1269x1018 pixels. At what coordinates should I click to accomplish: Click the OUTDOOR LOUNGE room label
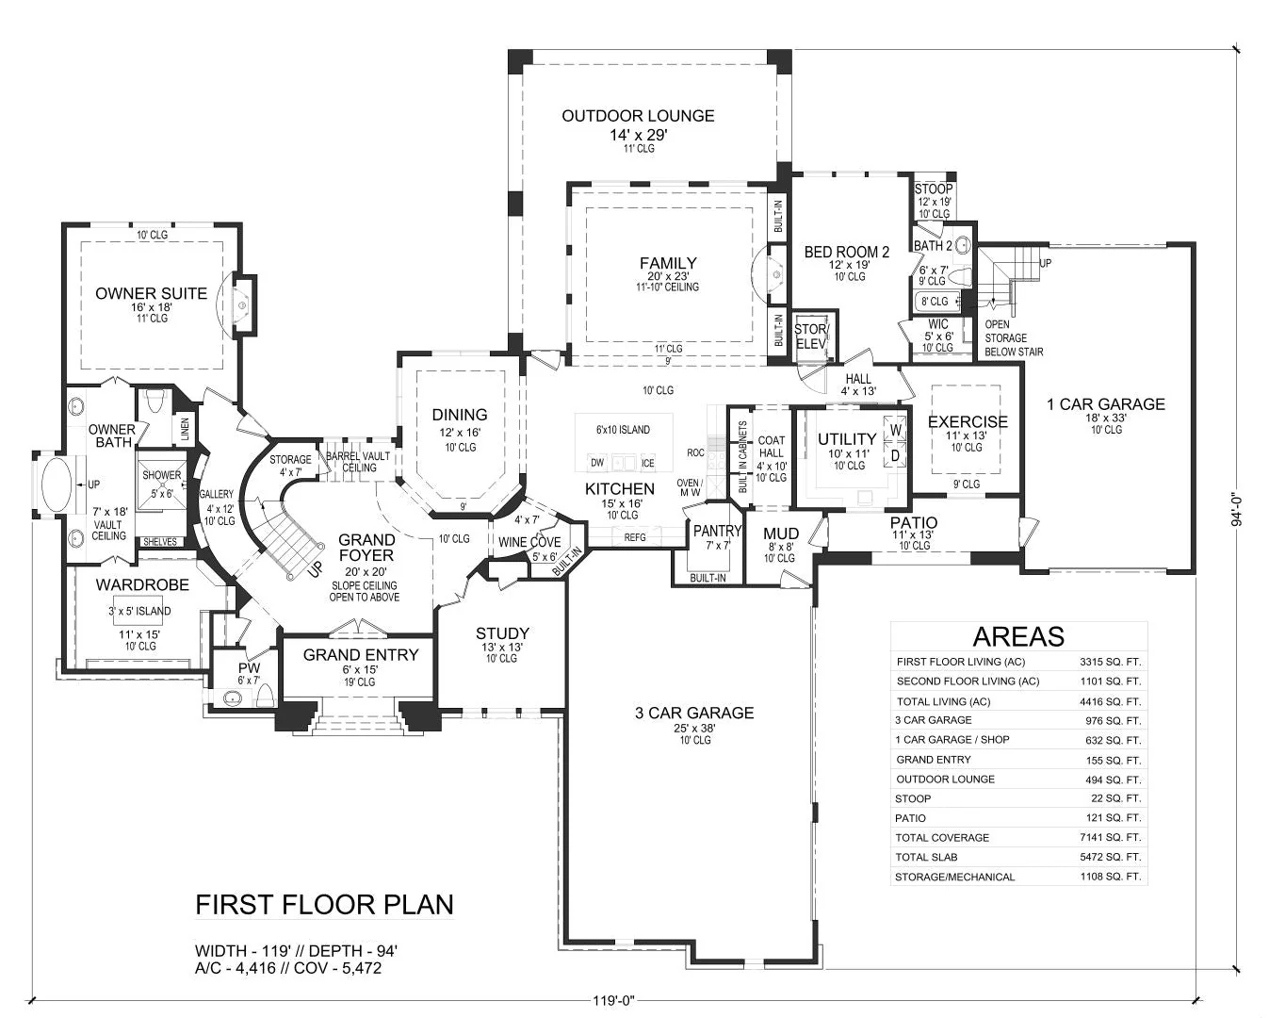[638, 116]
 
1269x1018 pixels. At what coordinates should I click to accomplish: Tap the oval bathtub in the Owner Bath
[57, 484]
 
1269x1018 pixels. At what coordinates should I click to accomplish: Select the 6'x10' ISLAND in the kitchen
[624, 442]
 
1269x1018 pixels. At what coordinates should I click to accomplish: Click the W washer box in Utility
[895, 430]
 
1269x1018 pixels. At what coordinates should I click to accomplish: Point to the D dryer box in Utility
[895, 456]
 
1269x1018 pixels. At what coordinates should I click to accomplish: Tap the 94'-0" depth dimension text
[1237, 510]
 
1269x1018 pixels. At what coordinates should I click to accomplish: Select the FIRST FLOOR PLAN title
[324, 905]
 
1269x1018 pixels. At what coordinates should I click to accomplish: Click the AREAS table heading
[1018, 636]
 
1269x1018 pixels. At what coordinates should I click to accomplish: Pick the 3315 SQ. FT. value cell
[1111, 662]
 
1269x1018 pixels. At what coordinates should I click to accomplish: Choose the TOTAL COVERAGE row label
[942, 837]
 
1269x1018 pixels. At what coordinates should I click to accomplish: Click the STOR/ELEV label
[811, 337]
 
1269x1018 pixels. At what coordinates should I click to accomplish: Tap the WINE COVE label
[529, 542]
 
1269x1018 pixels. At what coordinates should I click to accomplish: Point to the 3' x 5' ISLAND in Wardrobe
[139, 612]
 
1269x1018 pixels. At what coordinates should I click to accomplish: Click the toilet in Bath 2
[961, 276]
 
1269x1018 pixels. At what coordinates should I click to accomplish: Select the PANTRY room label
[718, 531]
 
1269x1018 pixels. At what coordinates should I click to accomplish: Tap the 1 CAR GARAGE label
[1106, 404]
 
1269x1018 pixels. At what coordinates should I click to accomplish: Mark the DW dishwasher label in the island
[597, 463]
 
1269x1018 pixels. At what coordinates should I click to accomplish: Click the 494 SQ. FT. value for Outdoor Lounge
[1114, 780]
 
